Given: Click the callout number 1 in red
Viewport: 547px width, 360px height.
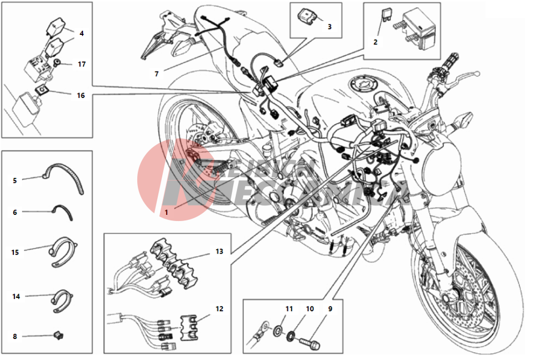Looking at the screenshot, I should (x=165, y=212).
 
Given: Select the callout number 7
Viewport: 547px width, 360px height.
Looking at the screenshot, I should (x=157, y=73).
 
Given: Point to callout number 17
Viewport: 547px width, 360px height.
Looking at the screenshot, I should (x=81, y=64).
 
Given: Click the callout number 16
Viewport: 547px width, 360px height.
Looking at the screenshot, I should (x=81, y=95).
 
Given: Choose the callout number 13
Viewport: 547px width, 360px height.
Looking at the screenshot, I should (x=219, y=251).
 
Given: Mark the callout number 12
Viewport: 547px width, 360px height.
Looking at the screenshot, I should (x=219, y=308).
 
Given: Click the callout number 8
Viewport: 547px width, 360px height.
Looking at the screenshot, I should (x=15, y=336).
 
